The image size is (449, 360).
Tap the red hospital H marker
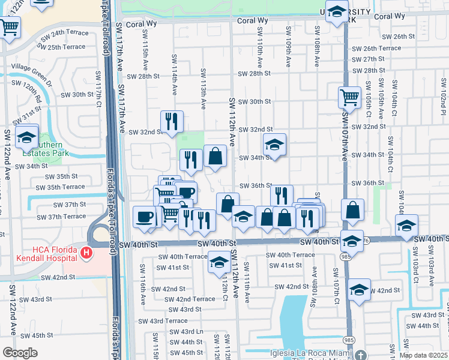coord(86,253)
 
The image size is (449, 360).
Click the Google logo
coord(20,353)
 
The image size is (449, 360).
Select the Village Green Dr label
coord(31,67)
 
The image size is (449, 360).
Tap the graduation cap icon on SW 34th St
coord(274,145)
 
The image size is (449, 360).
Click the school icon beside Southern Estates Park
coord(26,137)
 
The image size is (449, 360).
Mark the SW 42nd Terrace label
coord(190,299)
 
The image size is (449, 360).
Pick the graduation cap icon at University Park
coord(337,11)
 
